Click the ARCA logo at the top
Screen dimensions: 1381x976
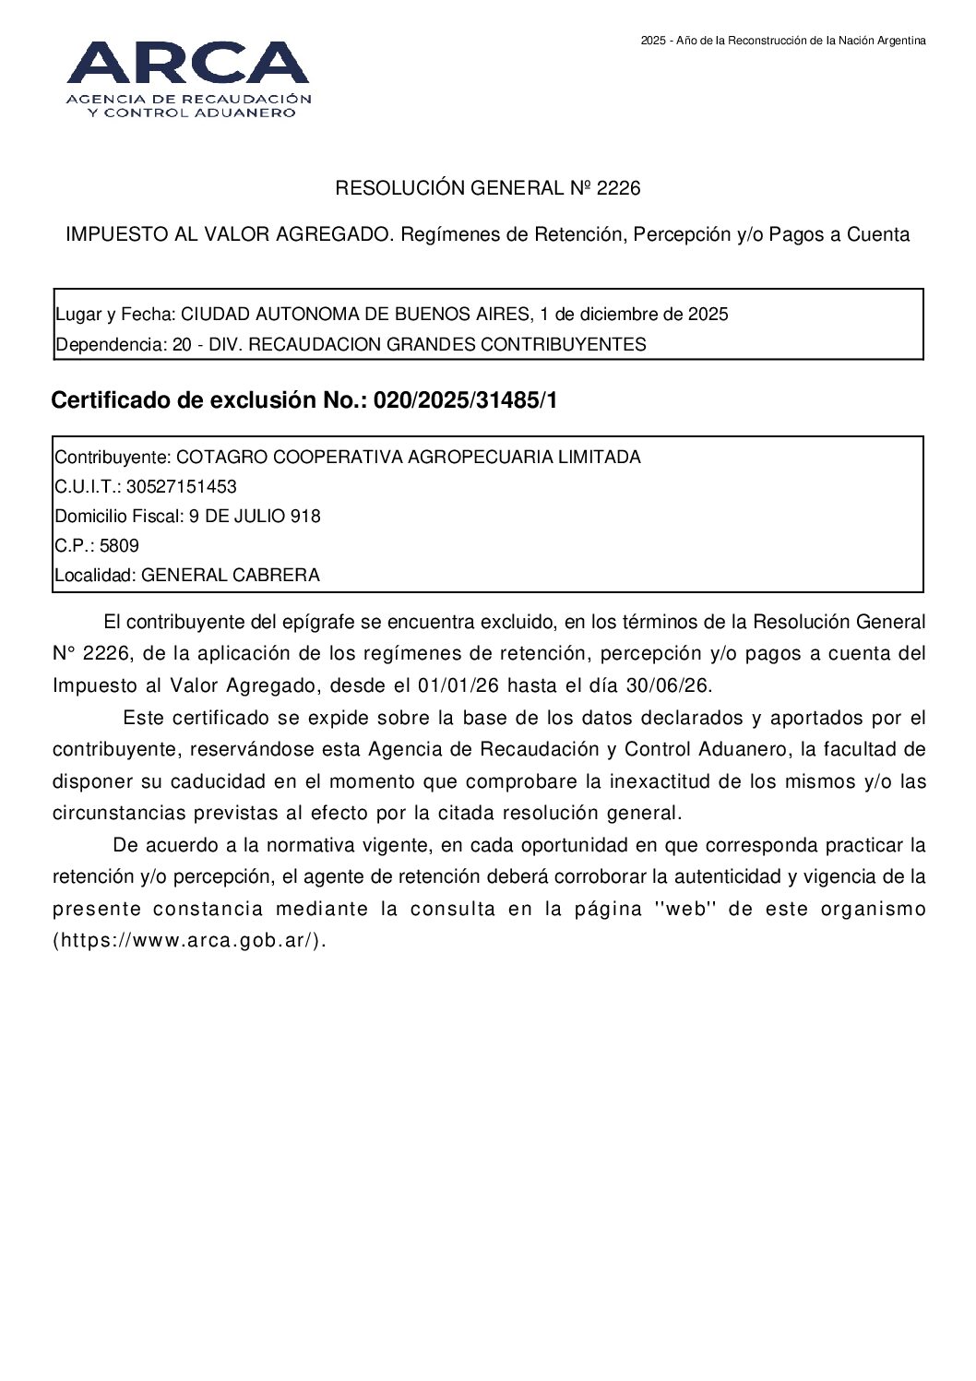(188, 78)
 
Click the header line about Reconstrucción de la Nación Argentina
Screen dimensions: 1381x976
(783, 41)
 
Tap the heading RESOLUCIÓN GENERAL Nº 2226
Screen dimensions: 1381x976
(487, 189)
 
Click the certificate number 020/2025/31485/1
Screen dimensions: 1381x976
(465, 401)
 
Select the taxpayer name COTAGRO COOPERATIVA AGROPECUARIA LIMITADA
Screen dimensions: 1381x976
(408, 458)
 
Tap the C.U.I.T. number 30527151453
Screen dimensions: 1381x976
(181, 487)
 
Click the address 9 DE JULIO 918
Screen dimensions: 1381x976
(255, 517)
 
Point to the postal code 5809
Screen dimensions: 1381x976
(119, 546)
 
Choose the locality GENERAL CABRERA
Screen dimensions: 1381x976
(231, 576)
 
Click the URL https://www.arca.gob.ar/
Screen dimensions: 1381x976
(189, 941)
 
